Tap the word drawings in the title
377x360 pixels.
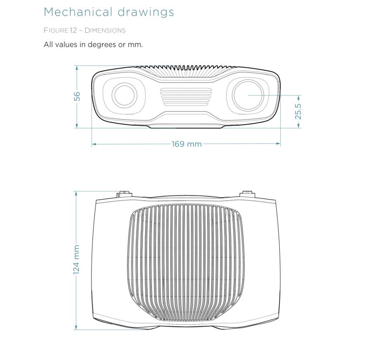(x=146, y=13)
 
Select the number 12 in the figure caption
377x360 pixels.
(x=73, y=31)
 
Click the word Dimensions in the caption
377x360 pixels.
(x=105, y=31)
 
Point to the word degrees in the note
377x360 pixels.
(x=102, y=45)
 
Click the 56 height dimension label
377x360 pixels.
(x=77, y=96)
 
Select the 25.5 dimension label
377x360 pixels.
(x=298, y=112)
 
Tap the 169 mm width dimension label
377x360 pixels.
(x=187, y=144)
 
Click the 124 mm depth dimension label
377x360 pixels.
(x=76, y=260)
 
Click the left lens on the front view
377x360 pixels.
(x=125, y=96)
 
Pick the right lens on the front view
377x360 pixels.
(x=248, y=96)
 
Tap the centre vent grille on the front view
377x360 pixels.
(x=186, y=97)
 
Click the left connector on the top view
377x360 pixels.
(x=124, y=194)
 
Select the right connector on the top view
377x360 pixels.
(x=247, y=194)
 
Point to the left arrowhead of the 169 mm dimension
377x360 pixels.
(x=94, y=144)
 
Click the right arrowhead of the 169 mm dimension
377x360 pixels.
(x=278, y=144)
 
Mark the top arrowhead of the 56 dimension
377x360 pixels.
(x=77, y=68)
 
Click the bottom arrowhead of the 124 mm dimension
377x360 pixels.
(x=76, y=327)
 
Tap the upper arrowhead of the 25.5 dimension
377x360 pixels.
(x=299, y=98)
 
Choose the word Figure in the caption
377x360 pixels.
(x=56, y=31)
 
